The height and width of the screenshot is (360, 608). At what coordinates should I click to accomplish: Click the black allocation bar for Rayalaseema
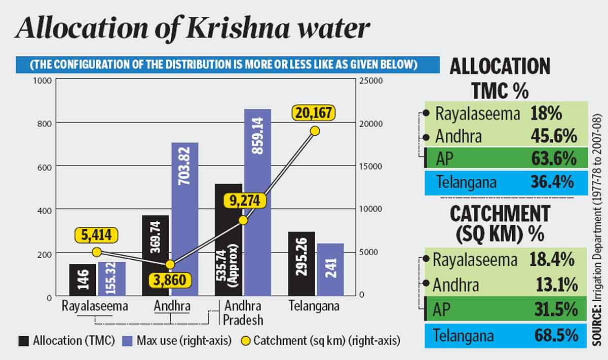pos(82,279)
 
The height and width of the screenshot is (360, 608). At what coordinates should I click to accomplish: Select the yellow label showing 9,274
pos(244,201)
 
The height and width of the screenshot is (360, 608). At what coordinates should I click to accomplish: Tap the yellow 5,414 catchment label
pos(96,235)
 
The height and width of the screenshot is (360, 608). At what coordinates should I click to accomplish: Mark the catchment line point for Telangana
pos(315,131)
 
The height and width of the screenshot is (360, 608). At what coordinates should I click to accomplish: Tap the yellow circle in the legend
pos(243,340)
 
